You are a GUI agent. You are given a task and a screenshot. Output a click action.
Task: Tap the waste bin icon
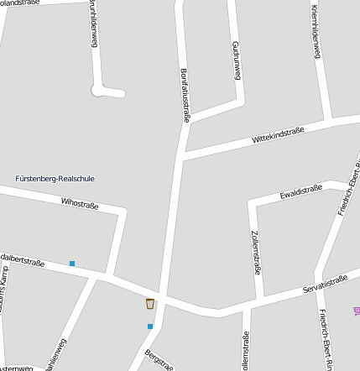(150, 304)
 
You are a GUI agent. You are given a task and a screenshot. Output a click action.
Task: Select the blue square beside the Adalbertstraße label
(72, 264)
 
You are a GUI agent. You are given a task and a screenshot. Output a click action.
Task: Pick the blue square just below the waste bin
(150, 326)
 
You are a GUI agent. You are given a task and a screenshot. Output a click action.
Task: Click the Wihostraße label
(81, 202)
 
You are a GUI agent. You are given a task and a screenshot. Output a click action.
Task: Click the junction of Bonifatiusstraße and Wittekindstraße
(181, 155)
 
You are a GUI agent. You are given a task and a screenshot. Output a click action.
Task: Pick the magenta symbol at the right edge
(356, 290)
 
